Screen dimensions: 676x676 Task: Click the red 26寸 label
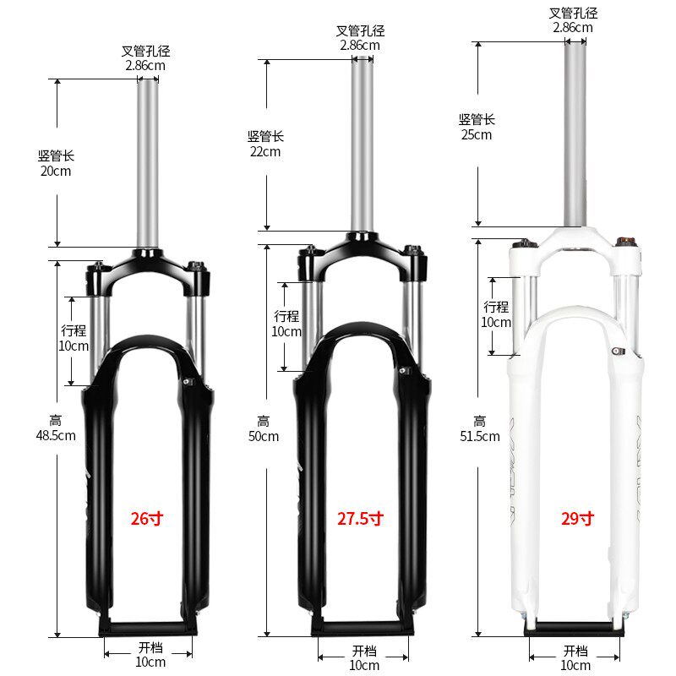147,518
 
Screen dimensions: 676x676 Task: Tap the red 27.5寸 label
361,518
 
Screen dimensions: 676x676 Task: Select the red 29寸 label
578,518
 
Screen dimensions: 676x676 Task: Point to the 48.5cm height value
56,435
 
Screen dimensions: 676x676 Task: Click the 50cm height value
264,436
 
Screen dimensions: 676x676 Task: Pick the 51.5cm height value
480,436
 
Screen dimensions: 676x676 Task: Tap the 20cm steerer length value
56,172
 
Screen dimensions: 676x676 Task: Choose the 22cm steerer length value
265,152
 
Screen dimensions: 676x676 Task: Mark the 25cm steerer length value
477,135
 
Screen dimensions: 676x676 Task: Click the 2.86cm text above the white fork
573,28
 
